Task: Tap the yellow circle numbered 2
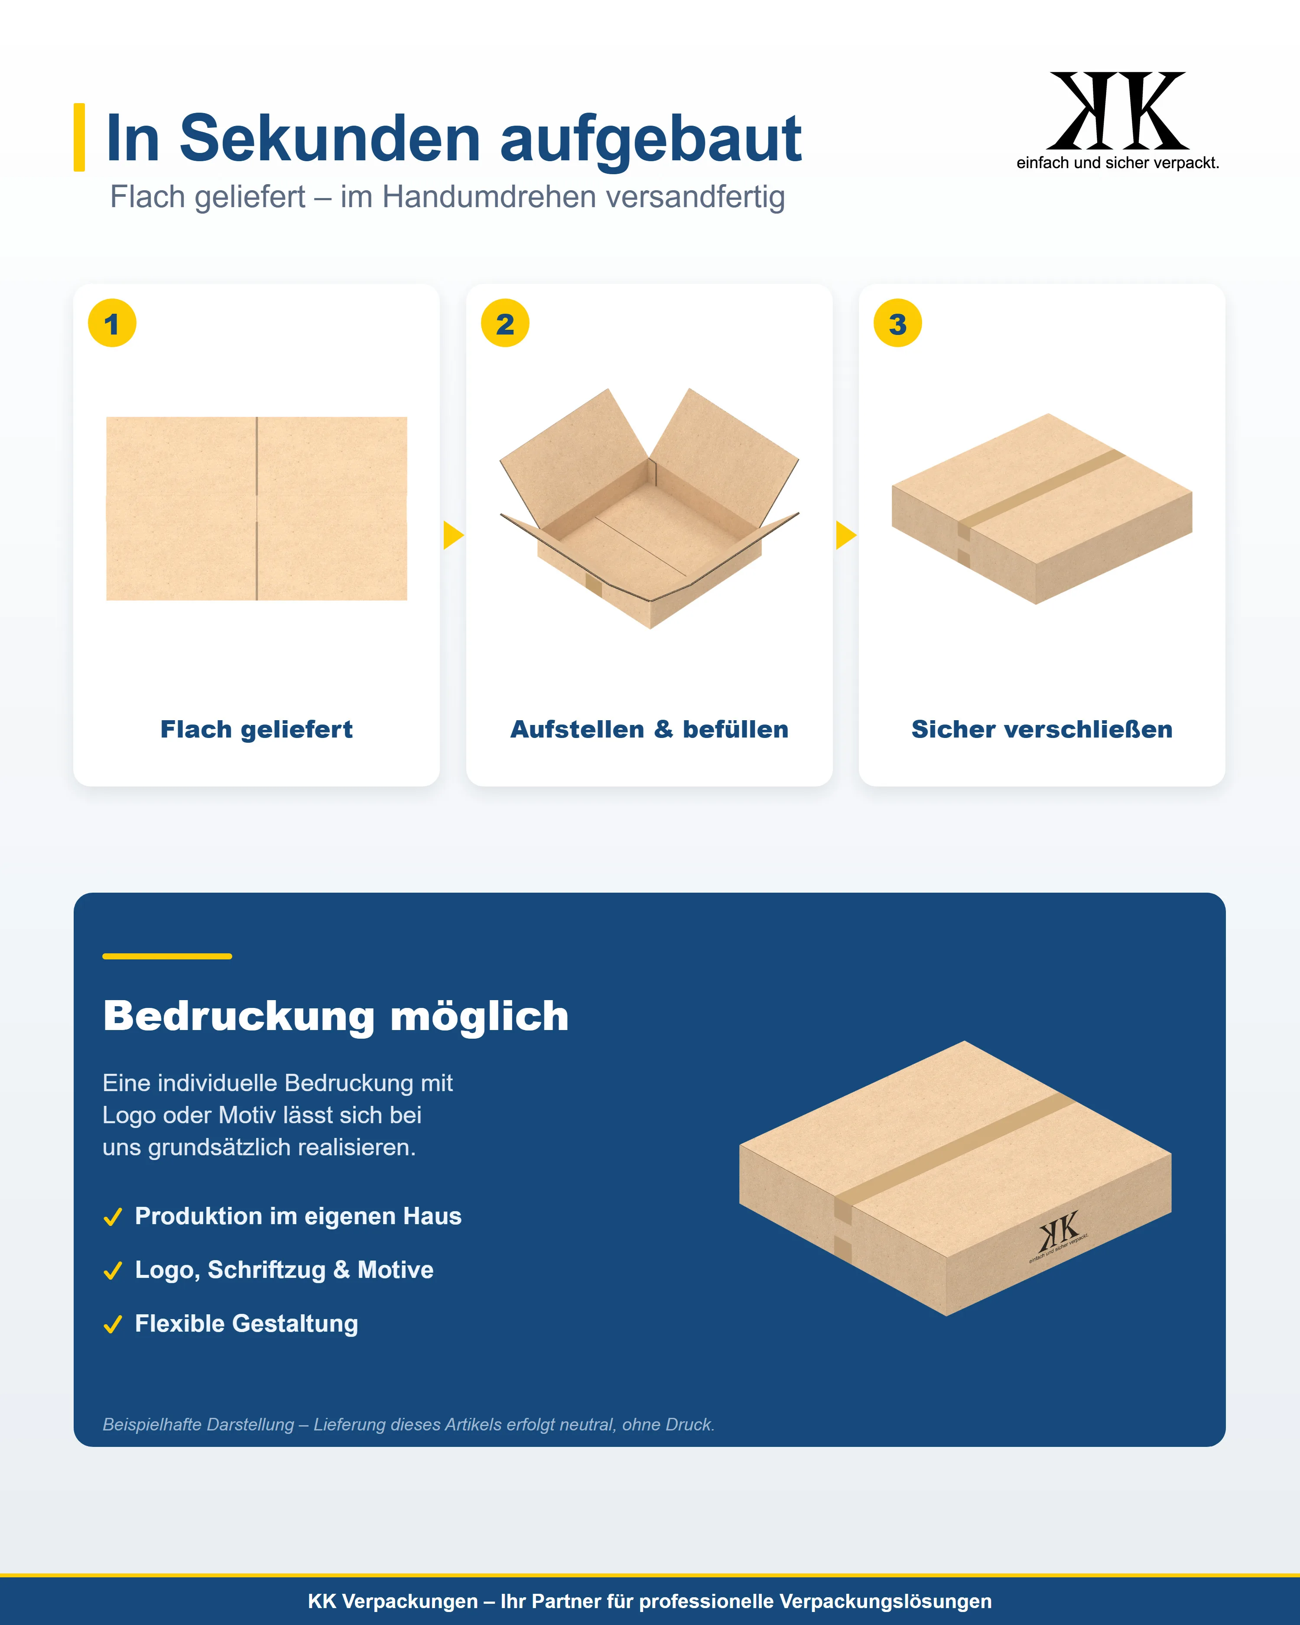click(505, 323)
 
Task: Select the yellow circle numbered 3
click(897, 323)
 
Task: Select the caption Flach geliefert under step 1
click(256, 730)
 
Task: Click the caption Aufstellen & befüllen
click(650, 730)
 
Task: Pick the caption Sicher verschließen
click(1042, 730)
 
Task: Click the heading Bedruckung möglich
click(336, 1017)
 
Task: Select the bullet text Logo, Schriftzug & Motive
click(284, 1270)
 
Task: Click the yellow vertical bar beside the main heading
click(79, 137)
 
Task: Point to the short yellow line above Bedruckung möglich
click(167, 956)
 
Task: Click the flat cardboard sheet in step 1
click(256, 509)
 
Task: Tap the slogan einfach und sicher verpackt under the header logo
click(1118, 163)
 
